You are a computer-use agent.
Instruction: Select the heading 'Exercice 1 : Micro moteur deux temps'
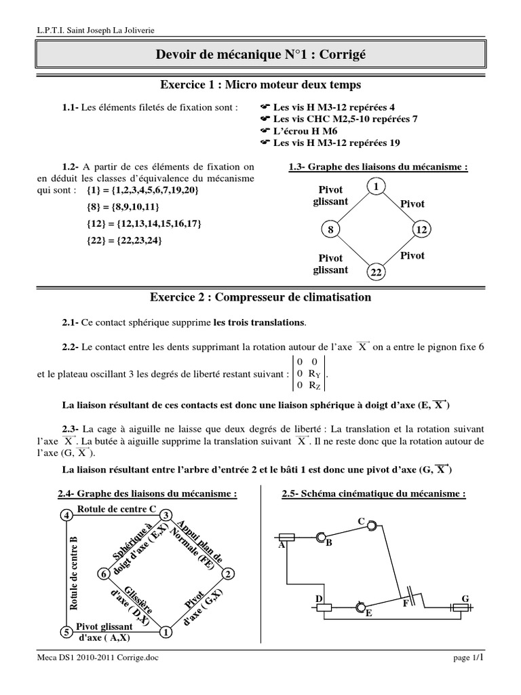pyautogui.click(x=260, y=85)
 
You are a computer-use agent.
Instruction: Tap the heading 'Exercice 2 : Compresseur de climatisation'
pyautogui.click(x=260, y=297)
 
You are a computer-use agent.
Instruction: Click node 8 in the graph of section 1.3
pyautogui.click(x=331, y=230)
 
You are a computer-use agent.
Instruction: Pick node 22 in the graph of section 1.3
pyautogui.click(x=375, y=272)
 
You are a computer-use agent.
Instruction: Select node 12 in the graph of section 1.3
pyautogui.click(x=421, y=230)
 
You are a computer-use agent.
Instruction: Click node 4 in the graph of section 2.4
pyautogui.click(x=66, y=516)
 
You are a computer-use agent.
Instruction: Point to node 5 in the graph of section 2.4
pyautogui.click(x=66, y=632)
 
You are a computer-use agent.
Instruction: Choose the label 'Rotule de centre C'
pyautogui.click(x=117, y=508)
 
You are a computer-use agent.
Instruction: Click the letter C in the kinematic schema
pyautogui.click(x=362, y=521)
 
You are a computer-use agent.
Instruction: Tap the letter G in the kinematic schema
pyautogui.click(x=465, y=598)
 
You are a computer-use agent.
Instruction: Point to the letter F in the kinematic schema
pyautogui.click(x=405, y=602)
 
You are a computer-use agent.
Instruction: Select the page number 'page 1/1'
pyautogui.click(x=467, y=676)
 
